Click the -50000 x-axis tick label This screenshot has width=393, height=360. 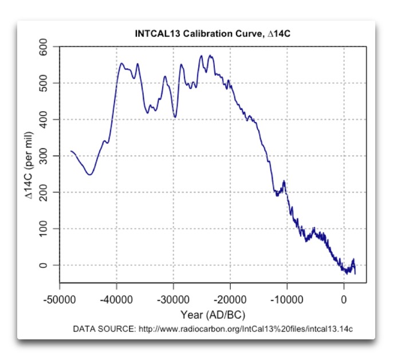click(60, 299)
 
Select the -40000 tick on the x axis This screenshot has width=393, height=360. click(116, 299)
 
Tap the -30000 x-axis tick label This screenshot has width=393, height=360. click(173, 299)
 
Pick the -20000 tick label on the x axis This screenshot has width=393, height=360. click(230, 299)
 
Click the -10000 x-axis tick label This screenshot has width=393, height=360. click(286, 299)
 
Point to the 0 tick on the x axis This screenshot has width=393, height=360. click(344, 299)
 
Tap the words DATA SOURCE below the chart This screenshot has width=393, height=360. click(104, 329)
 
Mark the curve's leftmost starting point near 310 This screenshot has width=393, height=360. click(71, 151)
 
